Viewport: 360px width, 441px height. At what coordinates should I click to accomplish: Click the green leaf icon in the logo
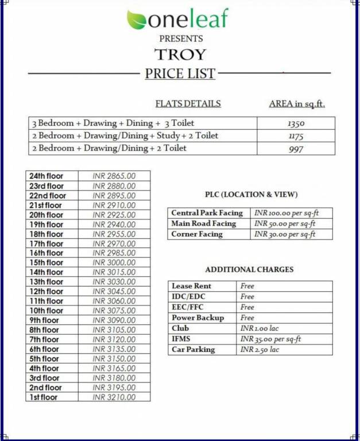[x=137, y=20]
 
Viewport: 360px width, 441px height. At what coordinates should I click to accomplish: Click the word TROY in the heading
[x=180, y=55]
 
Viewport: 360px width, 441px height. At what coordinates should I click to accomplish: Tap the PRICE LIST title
[x=180, y=73]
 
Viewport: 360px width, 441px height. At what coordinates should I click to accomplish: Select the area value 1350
[x=296, y=123]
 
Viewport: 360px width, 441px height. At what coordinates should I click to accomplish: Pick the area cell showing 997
[x=296, y=149]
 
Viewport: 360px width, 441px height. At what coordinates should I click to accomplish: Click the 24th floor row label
[x=47, y=176]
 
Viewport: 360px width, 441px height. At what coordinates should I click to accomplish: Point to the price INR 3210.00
[x=114, y=397]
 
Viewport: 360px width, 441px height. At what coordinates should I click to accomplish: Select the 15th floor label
[x=47, y=262]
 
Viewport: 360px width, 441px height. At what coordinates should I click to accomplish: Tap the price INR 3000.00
[x=114, y=262]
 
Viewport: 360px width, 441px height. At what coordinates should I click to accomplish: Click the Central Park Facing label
[x=207, y=213]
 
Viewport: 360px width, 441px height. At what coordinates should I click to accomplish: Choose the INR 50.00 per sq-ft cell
[x=285, y=223]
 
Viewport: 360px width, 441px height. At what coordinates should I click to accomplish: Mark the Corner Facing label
[x=197, y=234]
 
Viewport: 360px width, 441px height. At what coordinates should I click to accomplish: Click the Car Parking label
[x=193, y=349]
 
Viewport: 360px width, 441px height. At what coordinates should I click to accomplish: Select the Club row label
[x=180, y=328]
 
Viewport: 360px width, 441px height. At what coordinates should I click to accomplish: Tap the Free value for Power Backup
[x=247, y=318]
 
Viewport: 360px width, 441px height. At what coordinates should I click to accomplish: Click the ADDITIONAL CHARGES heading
[x=249, y=269]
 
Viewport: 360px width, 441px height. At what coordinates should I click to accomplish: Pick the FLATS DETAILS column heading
[x=188, y=104]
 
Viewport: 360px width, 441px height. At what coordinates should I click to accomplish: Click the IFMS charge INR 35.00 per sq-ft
[x=270, y=339]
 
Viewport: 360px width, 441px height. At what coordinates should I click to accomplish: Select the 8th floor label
[x=44, y=330]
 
